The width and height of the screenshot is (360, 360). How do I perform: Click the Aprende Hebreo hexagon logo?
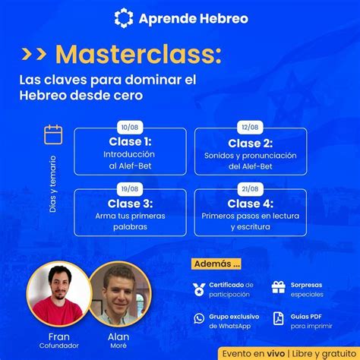pos(124,18)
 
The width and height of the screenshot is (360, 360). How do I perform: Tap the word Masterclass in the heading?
pos(138,54)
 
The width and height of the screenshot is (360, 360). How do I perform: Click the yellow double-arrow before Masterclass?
pos(34,53)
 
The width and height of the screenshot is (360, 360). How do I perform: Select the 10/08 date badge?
pos(130,127)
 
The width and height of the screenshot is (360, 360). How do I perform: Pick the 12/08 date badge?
pos(250,127)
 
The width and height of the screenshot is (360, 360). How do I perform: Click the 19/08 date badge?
pos(130,189)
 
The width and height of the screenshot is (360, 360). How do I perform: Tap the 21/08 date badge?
pos(250,189)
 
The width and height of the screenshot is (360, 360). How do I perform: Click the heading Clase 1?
pos(130,142)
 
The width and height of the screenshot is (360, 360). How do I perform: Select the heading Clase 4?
pos(250,204)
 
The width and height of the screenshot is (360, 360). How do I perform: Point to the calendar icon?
pos(53,134)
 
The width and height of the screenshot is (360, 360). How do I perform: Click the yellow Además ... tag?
pos(216,264)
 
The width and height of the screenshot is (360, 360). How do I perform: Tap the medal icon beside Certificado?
pos(199,289)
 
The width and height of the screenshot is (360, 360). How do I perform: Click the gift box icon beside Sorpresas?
pos(278,287)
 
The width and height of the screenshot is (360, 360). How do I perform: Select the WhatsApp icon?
pos(199,318)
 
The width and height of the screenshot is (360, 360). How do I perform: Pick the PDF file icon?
pos(279,318)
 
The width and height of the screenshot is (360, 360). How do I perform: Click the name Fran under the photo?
pos(59,336)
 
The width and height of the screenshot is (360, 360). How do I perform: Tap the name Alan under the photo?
pos(118,336)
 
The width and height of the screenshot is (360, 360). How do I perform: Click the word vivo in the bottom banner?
pos(276,353)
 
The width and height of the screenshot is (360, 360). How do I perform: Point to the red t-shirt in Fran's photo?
pos(57,311)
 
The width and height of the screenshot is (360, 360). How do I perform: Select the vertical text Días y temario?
pos(53,184)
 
